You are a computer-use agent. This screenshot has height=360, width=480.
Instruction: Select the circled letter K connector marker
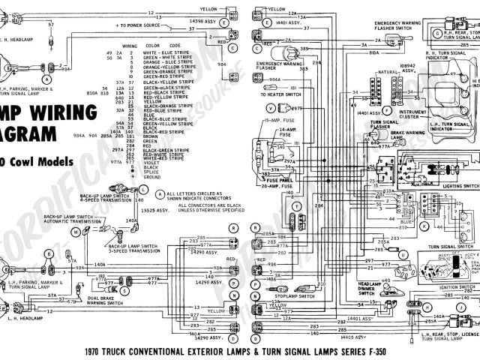point(424,225)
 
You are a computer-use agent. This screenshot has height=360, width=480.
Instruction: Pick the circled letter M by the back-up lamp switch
point(76,212)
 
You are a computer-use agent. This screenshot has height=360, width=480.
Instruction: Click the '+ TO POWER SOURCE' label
point(141,26)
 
